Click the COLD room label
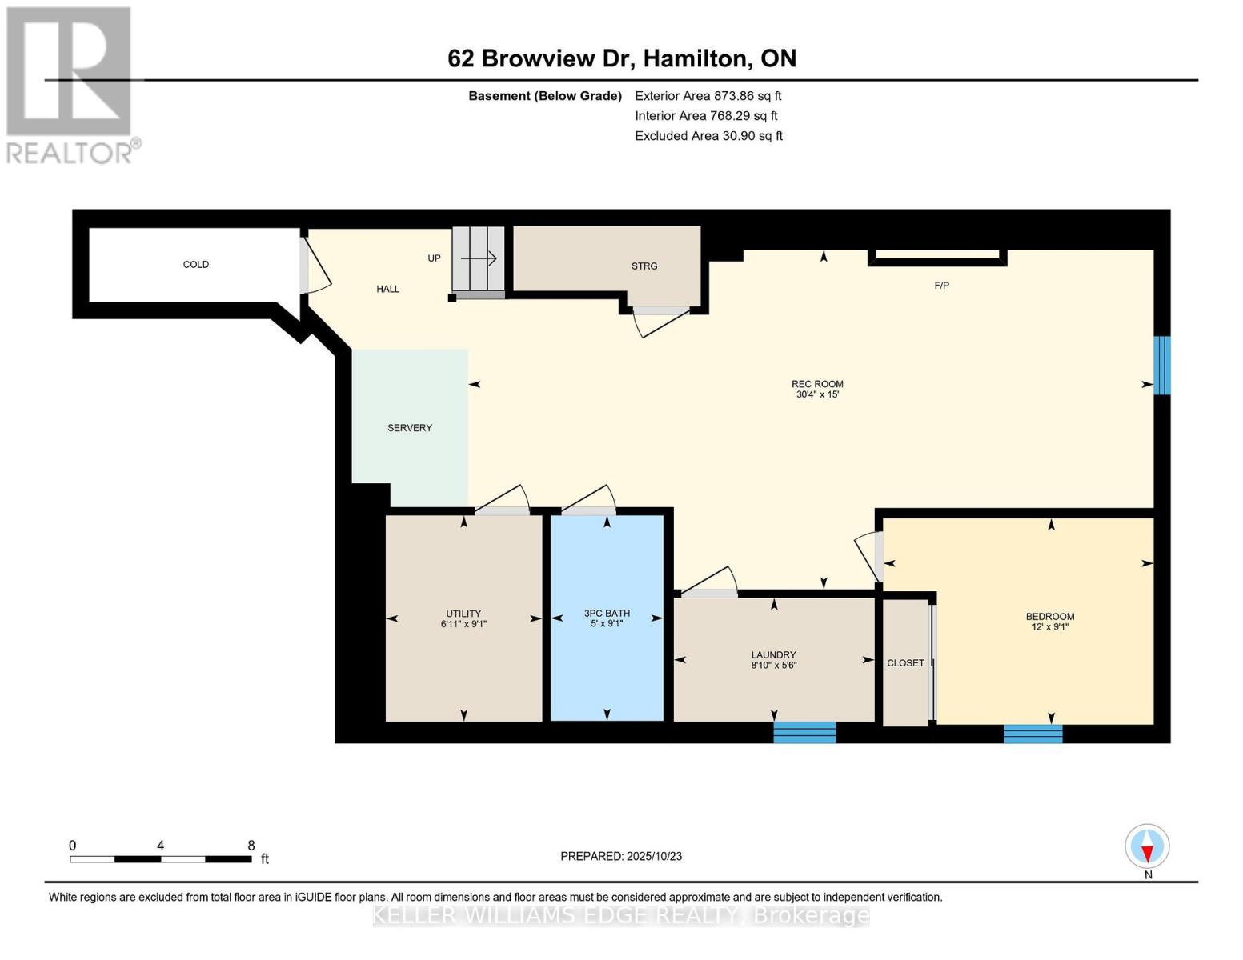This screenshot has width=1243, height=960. (x=195, y=264)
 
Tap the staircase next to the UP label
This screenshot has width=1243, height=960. (x=479, y=258)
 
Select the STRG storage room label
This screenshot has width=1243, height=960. (x=644, y=266)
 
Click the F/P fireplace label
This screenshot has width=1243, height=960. (x=941, y=285)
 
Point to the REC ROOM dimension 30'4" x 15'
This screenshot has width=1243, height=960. (x=817, y=394)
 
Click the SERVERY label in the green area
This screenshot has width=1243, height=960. (x=409, y=428)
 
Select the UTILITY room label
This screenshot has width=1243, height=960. (x=463, y=614)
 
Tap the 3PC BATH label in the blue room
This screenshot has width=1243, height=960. (x=607, y=614)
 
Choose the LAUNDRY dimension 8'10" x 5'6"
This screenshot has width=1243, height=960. (x=773, y=665)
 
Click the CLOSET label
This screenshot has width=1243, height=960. (x=905, y=662)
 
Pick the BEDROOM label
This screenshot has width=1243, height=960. (x=1049, y=616)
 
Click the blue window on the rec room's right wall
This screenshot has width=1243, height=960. (x=1161, y=365)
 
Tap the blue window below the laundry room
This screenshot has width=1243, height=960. (x=804, y=732)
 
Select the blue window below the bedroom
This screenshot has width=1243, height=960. (x=1032, y=733)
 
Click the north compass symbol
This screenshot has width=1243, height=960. (x=1147, y=846)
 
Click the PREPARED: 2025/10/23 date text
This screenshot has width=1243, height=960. (x=621, y=856)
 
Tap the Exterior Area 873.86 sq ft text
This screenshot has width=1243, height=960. (x=708, y=95)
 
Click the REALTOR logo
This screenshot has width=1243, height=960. (x=70, y=84)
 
